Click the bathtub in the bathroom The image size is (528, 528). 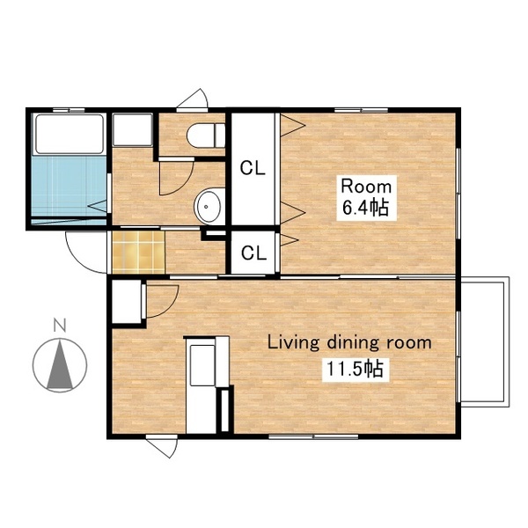70,134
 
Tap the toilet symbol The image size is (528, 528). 206,136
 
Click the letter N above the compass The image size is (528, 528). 60,326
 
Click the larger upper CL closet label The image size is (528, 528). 253,168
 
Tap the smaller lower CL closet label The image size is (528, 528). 254,253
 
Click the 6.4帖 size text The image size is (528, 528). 366,208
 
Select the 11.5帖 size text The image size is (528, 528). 356,369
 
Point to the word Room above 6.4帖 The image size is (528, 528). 366,187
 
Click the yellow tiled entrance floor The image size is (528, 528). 138,253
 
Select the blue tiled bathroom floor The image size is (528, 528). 70,187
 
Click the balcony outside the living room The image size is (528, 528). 485,342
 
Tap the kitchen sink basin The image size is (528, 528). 202,365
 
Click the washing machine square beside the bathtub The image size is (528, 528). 132,129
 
